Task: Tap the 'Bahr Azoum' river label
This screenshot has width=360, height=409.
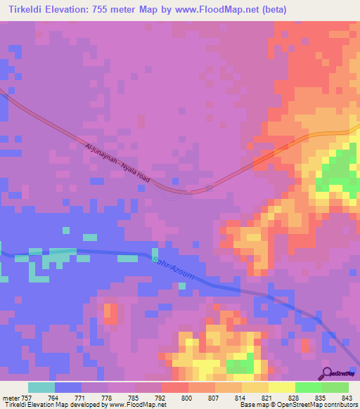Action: pos(172,267)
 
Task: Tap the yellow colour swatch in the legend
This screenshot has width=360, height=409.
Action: pos(281,387)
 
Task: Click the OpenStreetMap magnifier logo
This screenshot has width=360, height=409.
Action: pos(328,372)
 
